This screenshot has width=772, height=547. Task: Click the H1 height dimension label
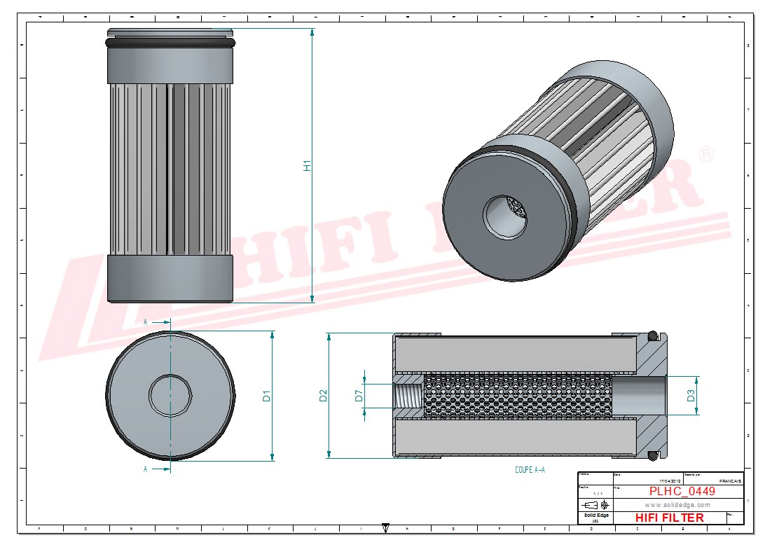pos(306,166)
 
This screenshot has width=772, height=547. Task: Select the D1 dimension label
pos(266,396)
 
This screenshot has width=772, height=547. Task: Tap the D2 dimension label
pos(323,396)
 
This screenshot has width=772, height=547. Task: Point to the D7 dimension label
pos(359,396)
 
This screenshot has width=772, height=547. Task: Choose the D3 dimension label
pos(691,396)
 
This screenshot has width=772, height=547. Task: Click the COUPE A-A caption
pos(530,471)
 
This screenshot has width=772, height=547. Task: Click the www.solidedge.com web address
pos(677,505)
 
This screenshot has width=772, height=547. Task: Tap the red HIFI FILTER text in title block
pos(669,518)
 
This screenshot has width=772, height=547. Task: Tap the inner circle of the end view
pos(170,394)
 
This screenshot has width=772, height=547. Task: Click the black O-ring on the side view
pos(170,43)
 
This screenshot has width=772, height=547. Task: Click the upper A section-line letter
pos(145,321)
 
